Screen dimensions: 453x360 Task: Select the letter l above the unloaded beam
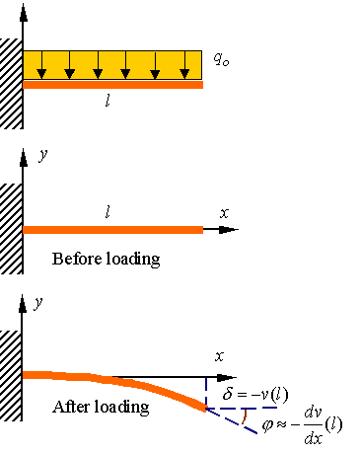click(x=108, y=211)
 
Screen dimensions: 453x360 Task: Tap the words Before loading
click(x=105, y=260)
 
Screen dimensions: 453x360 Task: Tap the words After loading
click(x=100, y=407)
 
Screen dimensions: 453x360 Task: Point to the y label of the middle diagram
click(x=41, y=155)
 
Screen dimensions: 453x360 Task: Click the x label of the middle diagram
click(x=225, y=212)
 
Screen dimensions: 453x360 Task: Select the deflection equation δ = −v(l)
click(x=255, y=396)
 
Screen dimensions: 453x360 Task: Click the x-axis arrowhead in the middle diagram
click(x=232, y=230)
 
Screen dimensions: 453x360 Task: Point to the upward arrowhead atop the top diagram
click(x=22, y=13)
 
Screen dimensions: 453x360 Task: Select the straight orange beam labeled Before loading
click(x=112, y=230)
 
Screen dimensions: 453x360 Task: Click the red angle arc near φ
click(x=243, y=419)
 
